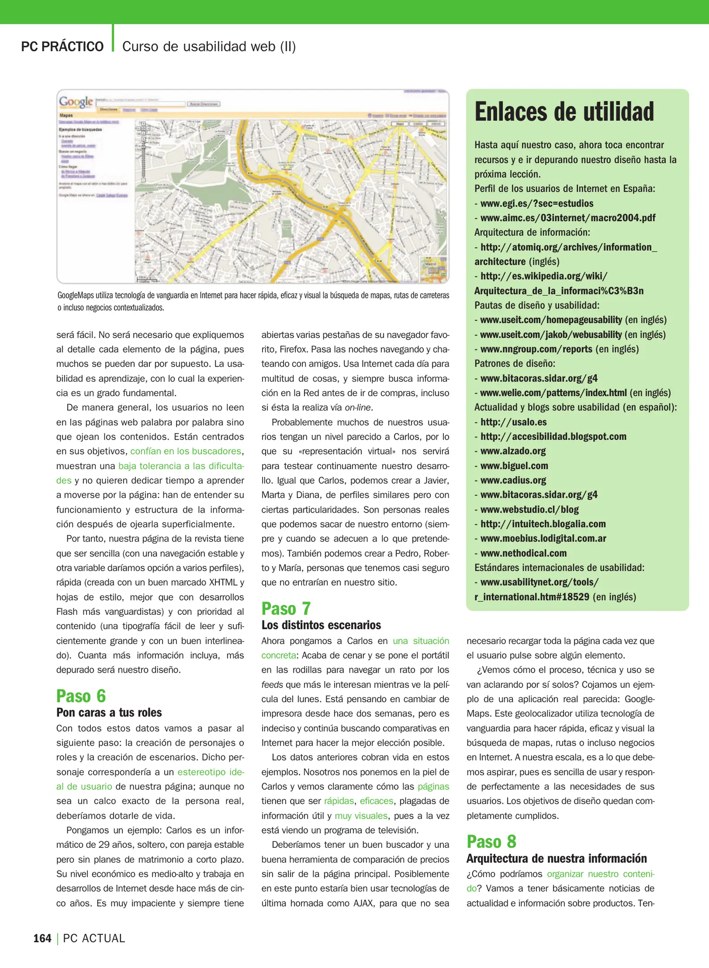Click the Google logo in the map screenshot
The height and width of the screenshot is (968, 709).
(76, 102)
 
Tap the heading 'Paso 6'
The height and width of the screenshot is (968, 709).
(81, 696)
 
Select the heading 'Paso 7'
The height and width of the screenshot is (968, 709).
(286, 609)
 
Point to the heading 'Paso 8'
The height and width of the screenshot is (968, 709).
(491, 842)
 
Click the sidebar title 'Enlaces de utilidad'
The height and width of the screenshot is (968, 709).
(564, 112)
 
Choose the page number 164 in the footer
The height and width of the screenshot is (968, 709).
(42, 938)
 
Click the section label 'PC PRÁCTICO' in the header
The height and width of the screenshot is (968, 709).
(62, 47)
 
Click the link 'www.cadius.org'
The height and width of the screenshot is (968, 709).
(513, 480)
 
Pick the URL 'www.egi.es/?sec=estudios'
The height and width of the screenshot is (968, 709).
(537, 203)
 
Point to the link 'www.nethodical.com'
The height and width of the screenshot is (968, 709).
(523, 553)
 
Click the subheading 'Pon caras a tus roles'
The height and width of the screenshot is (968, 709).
(109, 713)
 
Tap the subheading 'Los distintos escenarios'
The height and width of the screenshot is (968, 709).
(321, 625)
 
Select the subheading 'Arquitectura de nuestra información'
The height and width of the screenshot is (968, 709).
(556, 858)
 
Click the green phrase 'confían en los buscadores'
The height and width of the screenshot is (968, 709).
(185, 451)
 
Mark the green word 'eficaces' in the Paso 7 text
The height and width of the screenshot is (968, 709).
(376, 801)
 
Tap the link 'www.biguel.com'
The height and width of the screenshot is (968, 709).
(514, 466)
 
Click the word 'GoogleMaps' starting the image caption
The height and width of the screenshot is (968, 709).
(75, 295)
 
